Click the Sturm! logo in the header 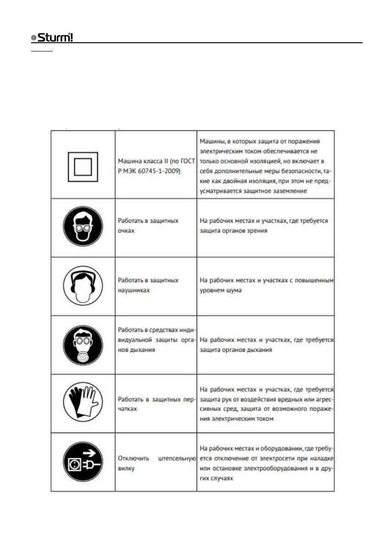51,37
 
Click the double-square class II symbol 83,164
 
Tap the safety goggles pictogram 83,227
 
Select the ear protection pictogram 83,286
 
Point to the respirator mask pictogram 83,345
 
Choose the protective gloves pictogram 83,403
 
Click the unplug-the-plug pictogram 83,462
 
